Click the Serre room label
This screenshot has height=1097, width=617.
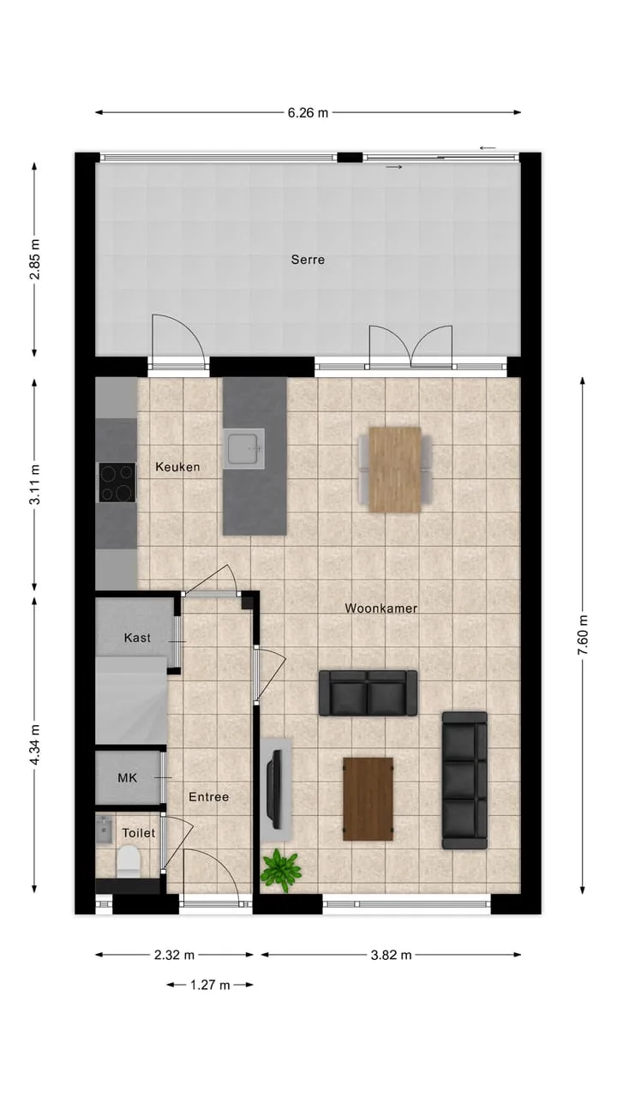pyautogui.click(x=308, y=260)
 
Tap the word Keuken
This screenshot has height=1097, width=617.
pyautogui.click(x=177, y=467)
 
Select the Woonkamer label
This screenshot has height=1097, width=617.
pyautogui.click(x=381, y=608)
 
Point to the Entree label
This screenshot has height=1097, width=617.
pyautogui.click(x=208, y=797)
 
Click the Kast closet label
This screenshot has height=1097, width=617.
pyautogui.click(x=137, y=638)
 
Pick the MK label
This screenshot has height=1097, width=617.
pyautogui.click(x=128, y=777)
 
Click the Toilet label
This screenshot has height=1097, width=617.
pyautogui.click(x=139, y=832)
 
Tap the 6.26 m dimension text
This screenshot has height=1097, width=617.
pyautogui.click(x=308, y=112)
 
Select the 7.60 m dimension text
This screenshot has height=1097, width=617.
pyautogui.click(x=583, y=635)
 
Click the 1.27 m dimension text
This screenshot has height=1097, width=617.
pyautogui.click(x=210, y=985)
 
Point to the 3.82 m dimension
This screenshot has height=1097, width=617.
pyautogui.click(x=391, y=955)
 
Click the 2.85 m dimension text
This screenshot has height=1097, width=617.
pyautogui.click(x=35, y=259)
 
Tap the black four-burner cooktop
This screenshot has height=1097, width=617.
pyautogui.click(x=117, y=483)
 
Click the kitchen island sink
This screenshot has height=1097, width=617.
pyautogui.click(x=244, y=448)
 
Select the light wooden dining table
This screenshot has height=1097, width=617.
pyautogui.click(x=395, y=470)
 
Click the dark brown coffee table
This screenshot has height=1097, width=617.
pyautogui.click(x=368, y=800)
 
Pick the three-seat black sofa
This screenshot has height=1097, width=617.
pyautogui.click(x=464, y=781)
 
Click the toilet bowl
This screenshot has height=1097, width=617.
pyautogui.click(x=129, y=861)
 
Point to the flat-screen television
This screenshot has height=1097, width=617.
pyautogui.click(x=273, y=789)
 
